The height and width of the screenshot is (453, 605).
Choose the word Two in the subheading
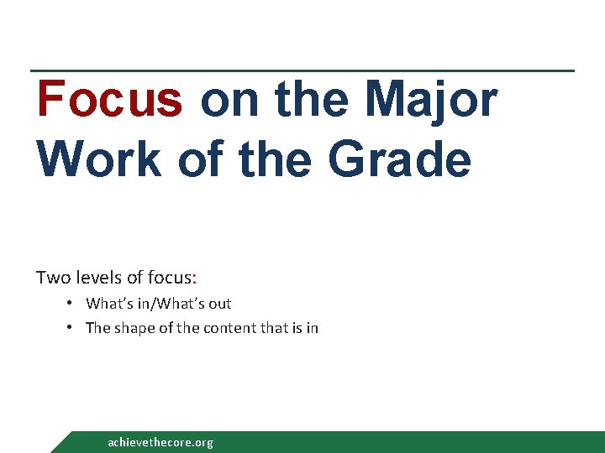(50, 277)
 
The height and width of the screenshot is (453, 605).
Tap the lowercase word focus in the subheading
(168, 277)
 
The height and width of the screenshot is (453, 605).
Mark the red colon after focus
(195, 278)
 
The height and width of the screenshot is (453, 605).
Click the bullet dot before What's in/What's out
(73, 304)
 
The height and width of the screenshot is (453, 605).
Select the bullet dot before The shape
(73, 328)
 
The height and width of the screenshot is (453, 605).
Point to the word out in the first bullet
(218, 304)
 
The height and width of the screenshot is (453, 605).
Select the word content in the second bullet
(219, 328)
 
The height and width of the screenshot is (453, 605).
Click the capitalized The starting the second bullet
(97, 328)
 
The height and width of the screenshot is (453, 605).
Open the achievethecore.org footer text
(160, 442)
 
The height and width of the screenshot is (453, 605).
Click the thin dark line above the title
(302, 70)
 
